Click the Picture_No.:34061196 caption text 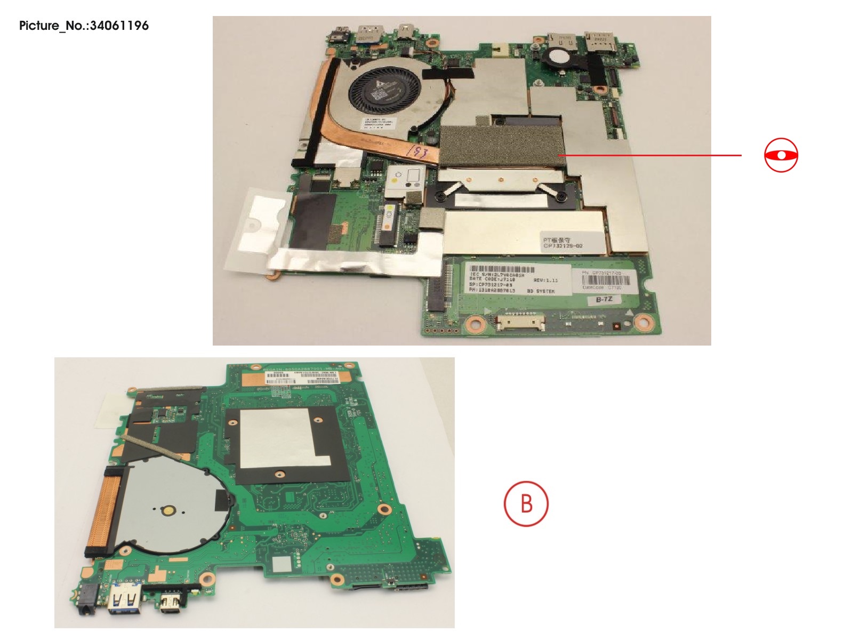tap(84, 26)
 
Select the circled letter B tap(526, 503)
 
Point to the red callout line tap(650, 155)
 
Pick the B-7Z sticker tap(604, 300)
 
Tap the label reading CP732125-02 tap(562, 243)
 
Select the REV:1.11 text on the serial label tap(545, 279)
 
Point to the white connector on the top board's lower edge tap(520, 322)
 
